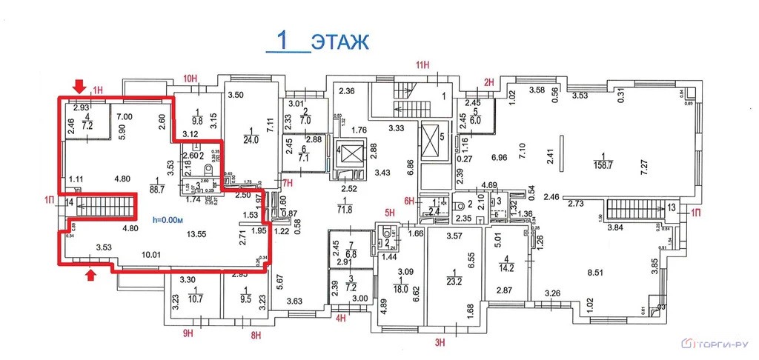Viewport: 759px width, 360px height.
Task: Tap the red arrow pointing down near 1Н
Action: (80, 88)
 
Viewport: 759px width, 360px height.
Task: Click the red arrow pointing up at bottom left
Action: (92, 276)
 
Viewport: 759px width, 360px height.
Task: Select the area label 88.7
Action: (158, 190)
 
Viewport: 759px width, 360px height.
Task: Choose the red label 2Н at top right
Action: (488, 81)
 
